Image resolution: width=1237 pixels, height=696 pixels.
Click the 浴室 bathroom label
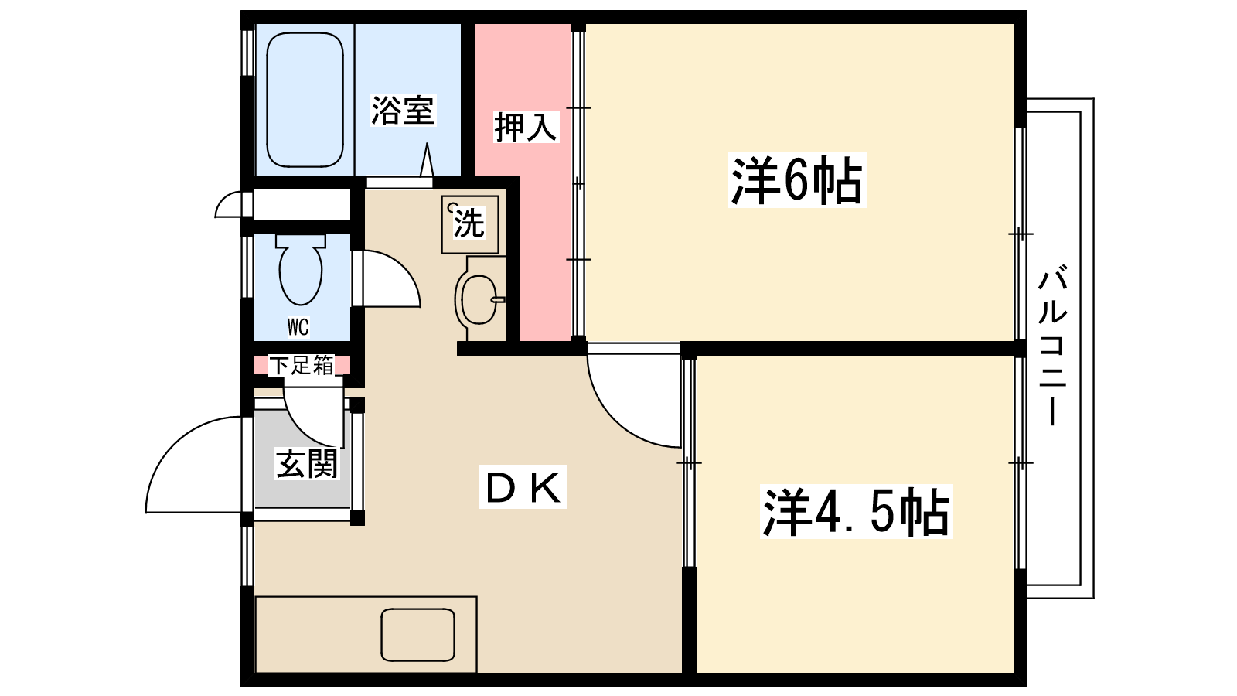402,111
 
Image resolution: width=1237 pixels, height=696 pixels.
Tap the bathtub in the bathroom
305,100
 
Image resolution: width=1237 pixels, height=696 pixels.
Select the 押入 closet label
525,127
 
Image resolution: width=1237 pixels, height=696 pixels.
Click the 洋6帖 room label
796,181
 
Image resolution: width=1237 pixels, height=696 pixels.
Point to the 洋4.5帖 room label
856,512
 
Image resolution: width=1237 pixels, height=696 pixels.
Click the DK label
523,486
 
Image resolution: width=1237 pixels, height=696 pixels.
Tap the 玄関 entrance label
307,464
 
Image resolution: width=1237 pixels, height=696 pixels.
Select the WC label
298,327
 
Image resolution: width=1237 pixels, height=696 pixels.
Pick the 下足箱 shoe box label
302,365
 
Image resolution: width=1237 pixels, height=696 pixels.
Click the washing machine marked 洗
469,224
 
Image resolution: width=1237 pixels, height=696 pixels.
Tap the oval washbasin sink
478,299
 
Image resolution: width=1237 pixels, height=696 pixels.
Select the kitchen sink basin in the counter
417,635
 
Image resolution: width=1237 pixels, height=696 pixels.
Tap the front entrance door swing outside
193,465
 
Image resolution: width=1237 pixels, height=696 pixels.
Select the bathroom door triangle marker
427,160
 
